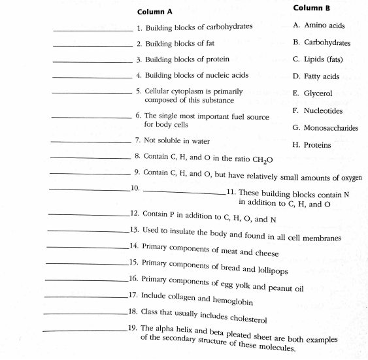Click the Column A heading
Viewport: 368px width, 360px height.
155,12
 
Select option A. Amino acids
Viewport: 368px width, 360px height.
319,26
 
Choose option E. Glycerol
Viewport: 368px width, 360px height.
313,93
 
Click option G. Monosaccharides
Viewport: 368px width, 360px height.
326,128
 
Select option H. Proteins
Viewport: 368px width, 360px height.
312,145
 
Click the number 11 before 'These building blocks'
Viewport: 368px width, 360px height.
230,192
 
